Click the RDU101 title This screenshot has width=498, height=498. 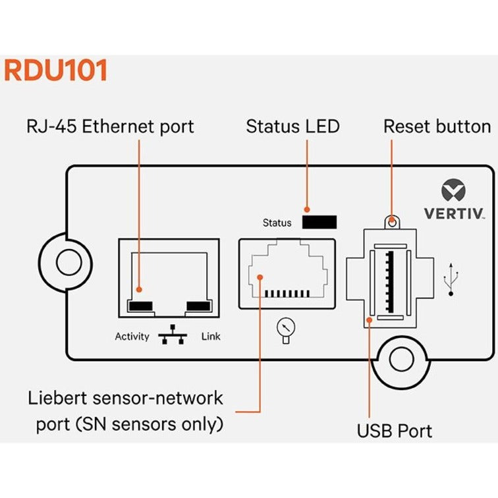tap(55, 71)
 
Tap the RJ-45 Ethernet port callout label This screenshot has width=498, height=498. tap(110, 126)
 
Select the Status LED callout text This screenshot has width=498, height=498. tap(292, 126)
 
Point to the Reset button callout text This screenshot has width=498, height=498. tap(437, 126)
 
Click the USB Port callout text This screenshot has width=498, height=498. tap(395, 431)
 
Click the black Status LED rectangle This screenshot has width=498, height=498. tap(319, 222)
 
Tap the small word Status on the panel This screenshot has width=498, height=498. tap(277, 223)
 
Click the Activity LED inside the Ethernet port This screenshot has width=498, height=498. tap(140, 306)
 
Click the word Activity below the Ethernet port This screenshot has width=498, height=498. tap(132, 337)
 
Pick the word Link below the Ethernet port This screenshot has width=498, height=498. tap(211, 337)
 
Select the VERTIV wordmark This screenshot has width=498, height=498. tap(453, 213)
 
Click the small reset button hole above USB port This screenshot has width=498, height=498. tap(393, 222)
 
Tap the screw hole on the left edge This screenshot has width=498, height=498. tap(67, 262)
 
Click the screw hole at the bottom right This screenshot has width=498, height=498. tap(401, 360)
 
